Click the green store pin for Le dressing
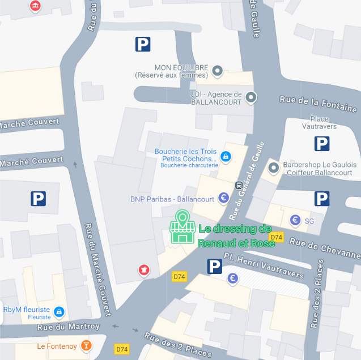pyautogui.click(x=182, y=227)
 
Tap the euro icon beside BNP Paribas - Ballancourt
pyautogui.click(x=224, y=198)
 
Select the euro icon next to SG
pyautogui.click(x=295, y=220)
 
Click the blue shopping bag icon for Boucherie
pyautogui.click(x=226, y=156)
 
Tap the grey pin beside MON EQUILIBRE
pyautogui.click(x=217, y=71)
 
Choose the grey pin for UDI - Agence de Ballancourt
pyautogui.click(x=251, y=98)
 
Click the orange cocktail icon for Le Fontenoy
pyautogui.click(x=86, y=345)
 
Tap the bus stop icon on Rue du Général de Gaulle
pyautogui.click(x=239, y=185)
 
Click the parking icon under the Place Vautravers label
pyautogui.click(x=322, y=144)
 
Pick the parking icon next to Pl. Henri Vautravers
pyautogui.click(x=214, y=266)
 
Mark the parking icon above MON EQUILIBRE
pyautogui.click(x=143, y=44)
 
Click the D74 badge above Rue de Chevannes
pyautogui.click(x=276, y=237)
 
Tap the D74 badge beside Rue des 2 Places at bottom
pyautogui.click(x=122, y=349)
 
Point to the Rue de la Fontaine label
pyautogui.click(x=318, y=104)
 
